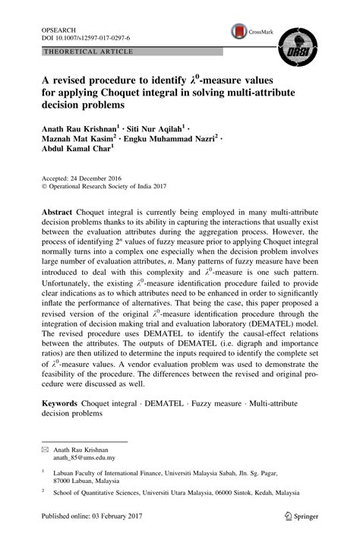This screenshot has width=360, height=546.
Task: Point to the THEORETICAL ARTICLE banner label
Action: [x=90, y=52]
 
